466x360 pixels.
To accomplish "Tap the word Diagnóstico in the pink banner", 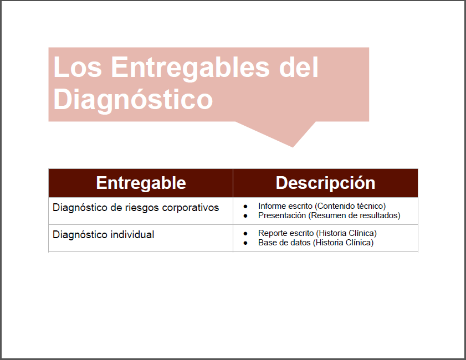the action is (133, 100).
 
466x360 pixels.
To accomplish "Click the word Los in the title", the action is (78, 67).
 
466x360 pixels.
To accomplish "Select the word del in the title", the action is (299, 67).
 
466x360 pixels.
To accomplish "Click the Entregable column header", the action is (141, 183).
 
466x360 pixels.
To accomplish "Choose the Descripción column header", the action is (325, 183).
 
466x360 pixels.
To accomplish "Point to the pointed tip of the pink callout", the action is (293, 147).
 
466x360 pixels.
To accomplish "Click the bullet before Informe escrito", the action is (245, 207).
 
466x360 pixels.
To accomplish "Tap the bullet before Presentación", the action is (245, 216).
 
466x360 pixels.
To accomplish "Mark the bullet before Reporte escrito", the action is (245, 234).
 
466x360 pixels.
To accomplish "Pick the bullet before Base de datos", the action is (245, 243).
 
